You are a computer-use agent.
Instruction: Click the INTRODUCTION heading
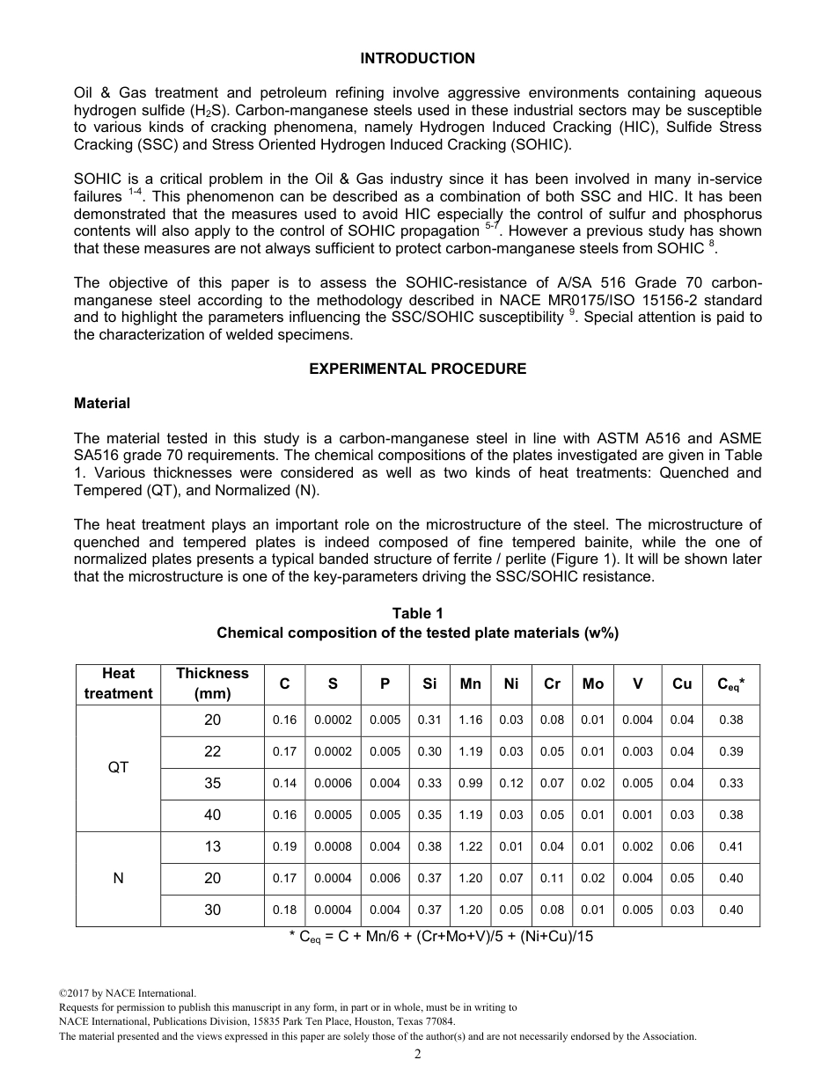coord(417,58)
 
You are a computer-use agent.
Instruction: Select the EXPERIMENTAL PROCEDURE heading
coord(417,369)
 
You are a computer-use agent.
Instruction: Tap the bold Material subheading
coord(102,403)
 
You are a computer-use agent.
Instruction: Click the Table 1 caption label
coord(417,613)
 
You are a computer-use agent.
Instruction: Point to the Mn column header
coord(471,684)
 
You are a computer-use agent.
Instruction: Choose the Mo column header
coord(593,684)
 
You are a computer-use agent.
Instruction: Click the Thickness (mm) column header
coord(212,684)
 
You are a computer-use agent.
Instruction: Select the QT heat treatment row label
coord(118,767)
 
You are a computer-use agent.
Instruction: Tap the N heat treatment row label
coord(118,878)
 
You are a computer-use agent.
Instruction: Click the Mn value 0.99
coord(471,783)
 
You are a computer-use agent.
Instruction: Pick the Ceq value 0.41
coord(730,846)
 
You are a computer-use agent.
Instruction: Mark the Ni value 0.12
coord(511,783)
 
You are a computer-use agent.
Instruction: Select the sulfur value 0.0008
coord(333,846)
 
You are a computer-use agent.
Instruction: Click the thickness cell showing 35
coord(212,783)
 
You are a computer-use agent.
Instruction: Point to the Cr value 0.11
coord(552,878)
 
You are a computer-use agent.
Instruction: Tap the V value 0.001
coord(637,815)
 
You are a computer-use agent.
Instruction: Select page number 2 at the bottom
coord(417,1055)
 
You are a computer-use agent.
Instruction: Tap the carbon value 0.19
coord(284,846)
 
